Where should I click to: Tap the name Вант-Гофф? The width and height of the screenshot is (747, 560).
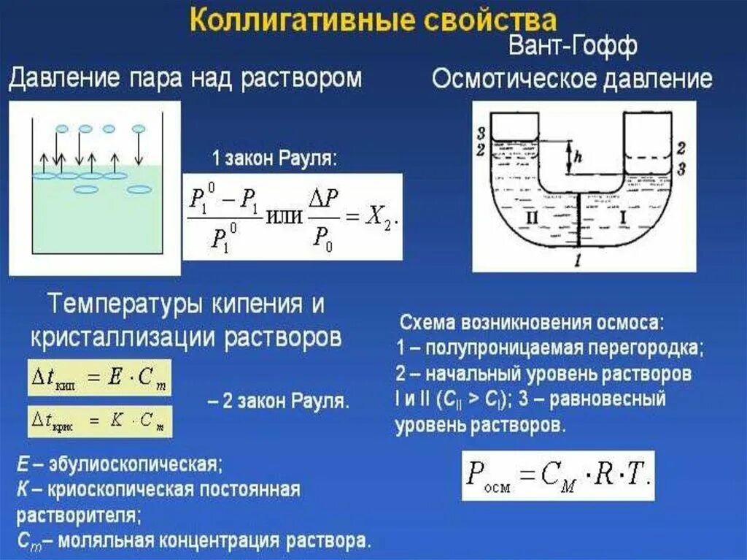(x=573, y=46)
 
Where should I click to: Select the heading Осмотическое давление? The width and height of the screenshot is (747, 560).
(x=572, y=79)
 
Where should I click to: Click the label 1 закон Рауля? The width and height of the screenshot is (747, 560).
(x=274, y=158)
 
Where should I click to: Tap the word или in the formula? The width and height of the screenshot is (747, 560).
(x=286, y=218)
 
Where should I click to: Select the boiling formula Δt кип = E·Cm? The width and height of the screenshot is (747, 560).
(x=98, y=377)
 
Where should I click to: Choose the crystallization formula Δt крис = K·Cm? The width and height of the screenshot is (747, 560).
(x=98, y=421)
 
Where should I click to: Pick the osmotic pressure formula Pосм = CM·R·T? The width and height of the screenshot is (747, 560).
(x=558, y=475)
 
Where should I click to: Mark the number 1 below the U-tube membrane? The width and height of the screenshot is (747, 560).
(x=578, y=261)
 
